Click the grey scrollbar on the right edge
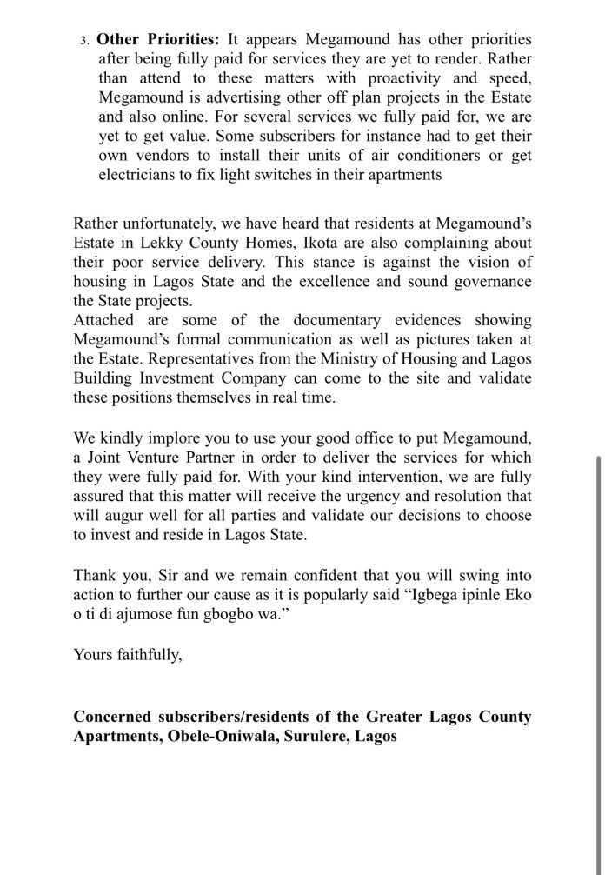tap(598, 661)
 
